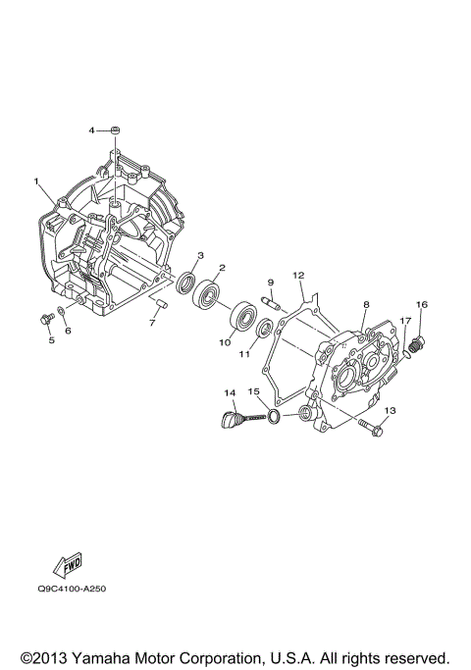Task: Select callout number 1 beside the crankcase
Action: (36, 181)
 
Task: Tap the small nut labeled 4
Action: (115, 129)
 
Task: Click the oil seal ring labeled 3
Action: (185, 283)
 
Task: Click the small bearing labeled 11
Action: (265, 327)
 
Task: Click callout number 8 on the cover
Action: (366, 305)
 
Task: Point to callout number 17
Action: (403, 321)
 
